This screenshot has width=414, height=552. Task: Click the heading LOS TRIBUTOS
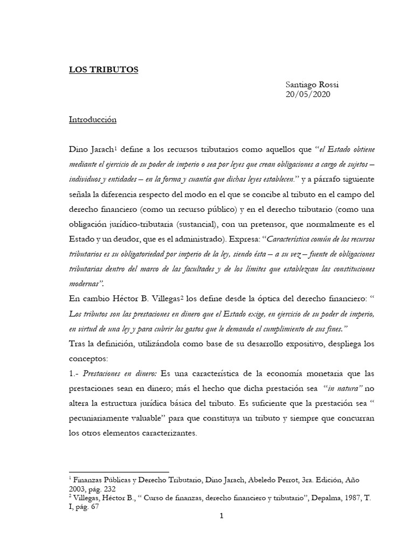click(x=103, y=70)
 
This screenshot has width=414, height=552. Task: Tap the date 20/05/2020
click(x=308, y=94)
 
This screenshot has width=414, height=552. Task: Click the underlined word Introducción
click(x=93, y=120)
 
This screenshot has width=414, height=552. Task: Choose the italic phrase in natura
click(x=335, y=389)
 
